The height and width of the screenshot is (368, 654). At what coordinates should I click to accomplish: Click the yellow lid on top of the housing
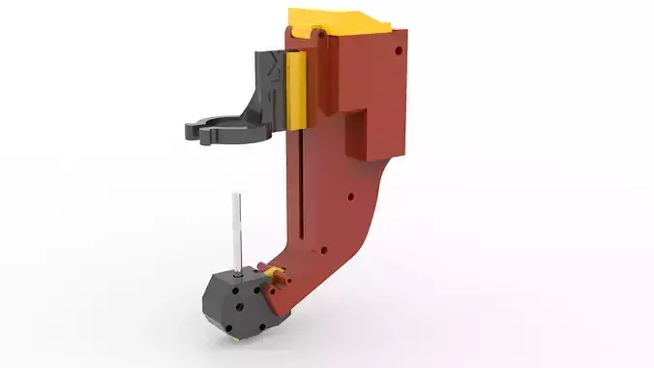click(339, 18)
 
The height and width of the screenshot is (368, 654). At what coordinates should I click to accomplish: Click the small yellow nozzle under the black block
click(232, 338)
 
